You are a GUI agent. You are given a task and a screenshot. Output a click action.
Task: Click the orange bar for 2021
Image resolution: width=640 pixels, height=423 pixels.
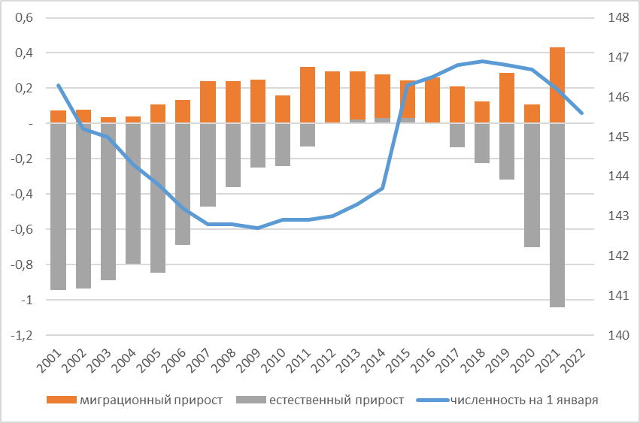(557, 85)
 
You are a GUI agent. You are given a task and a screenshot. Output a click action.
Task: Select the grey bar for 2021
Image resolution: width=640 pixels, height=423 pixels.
(557, 215)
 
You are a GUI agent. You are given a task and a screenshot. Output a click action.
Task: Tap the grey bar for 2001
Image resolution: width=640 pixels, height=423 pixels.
(58, 206)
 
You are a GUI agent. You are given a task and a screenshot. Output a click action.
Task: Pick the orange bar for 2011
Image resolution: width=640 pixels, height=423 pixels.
(307, 95)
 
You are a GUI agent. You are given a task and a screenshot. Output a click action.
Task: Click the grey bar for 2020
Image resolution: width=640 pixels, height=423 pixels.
(532, 185)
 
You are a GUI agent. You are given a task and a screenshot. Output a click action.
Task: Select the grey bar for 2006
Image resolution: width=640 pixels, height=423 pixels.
(183, 183)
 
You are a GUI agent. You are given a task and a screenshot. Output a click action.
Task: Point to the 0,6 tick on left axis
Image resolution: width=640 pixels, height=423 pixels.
(25, 18)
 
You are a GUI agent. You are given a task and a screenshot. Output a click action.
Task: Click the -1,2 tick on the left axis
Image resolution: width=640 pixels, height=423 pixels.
(22, 335)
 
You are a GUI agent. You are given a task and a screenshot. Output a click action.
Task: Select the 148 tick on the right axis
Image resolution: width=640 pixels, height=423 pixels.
(617, 18)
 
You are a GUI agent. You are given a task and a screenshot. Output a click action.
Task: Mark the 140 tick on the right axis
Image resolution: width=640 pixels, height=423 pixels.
(617, 335)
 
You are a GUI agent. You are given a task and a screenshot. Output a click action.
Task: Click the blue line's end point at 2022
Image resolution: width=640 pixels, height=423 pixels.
(582, 113)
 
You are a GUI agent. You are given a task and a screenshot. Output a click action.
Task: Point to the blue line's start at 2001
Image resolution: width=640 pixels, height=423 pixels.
(58, 85)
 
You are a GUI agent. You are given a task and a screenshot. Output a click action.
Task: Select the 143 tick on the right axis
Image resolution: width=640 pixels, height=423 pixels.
(617, 216)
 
